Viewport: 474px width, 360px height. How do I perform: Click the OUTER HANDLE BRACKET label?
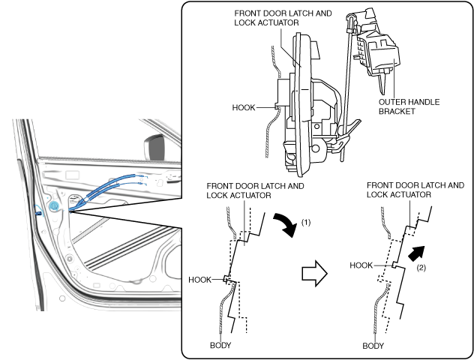pyautogui.click(x=409, y=106)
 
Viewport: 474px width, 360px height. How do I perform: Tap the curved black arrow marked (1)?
pyautogui.click(x=285, y=223)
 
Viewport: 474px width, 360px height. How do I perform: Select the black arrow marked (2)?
pyautogui.click(x=416, y=253)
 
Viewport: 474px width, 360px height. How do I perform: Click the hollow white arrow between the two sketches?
pyautogui.click(x=314, y=273)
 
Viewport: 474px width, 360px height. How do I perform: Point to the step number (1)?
pyautogui.click(x=306, y=223)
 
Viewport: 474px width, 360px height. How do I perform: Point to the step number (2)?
pyautogui.click(x=421, y=268)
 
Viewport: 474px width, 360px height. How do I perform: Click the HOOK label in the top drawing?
pyautogui.click(x=244, y=107)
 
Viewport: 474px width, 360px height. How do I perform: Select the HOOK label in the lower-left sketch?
pyautogui.click(x=199, y=280)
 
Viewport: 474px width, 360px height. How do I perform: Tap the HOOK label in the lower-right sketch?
pyautogui.click(x=361, y=265)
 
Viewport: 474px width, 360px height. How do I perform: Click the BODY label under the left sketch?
pyautogui.click(x=220, y=345)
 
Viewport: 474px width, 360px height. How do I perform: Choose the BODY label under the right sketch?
pyautogui.click(x=373, y=346)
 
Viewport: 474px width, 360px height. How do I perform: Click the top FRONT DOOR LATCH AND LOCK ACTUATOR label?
pyautogui.click(x=283, y=18)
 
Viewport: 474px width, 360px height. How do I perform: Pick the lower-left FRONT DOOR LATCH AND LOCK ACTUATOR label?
pyautogui.click(x=255, y=190)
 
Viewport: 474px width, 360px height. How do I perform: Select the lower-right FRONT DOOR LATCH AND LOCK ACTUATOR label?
pyautogui.click(x=415, y=190)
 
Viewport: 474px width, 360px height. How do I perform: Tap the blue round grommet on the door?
pyautogui.click(x=53, y=206)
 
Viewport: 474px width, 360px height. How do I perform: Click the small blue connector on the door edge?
pyautogui.click(x=39, y=214)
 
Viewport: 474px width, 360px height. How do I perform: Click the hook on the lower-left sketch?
pyautogui.click(x=226, y=279)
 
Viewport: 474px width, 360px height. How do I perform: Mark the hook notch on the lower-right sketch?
pyautogui.click(x=394, y=265)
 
